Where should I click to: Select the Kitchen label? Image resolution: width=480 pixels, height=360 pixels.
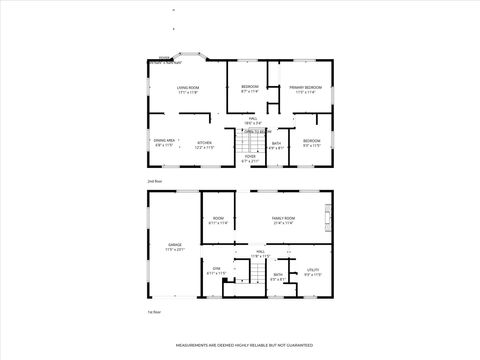(x=204, y=144)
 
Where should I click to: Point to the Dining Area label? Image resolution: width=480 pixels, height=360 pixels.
(x=165, y=143)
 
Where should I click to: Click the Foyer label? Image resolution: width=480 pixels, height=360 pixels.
(x=250, y=158)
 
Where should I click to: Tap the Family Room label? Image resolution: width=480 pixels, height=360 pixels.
(x=283, y=220)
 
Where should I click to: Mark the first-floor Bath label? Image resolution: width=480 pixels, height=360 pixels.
(x=278, y=276)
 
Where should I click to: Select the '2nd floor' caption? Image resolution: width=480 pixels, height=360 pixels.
(x=154, y=181)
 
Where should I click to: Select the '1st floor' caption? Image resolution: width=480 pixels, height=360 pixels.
(x=154, y=312)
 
